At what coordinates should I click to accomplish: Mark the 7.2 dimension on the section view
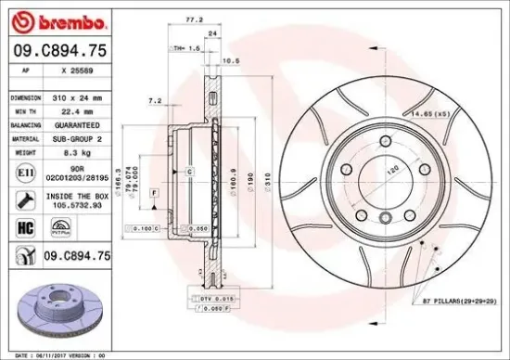point(155,99)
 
